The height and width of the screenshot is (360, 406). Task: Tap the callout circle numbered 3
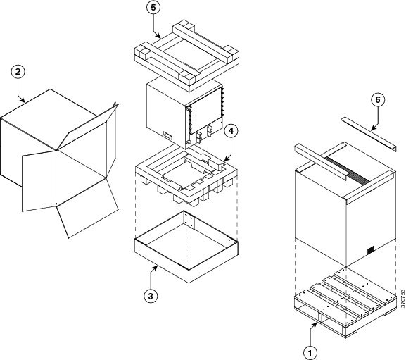tap(149, 296)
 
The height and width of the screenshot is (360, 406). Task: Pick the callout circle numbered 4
tap(231, 132)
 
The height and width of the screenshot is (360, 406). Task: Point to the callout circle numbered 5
tap(152, 9)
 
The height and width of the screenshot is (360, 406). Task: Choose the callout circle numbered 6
tap(378, 100)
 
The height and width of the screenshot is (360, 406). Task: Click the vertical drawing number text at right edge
tap(400, 297)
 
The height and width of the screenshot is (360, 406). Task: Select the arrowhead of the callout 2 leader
tap(27, 103)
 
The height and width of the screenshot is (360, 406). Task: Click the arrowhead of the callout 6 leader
tap(366, 130)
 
